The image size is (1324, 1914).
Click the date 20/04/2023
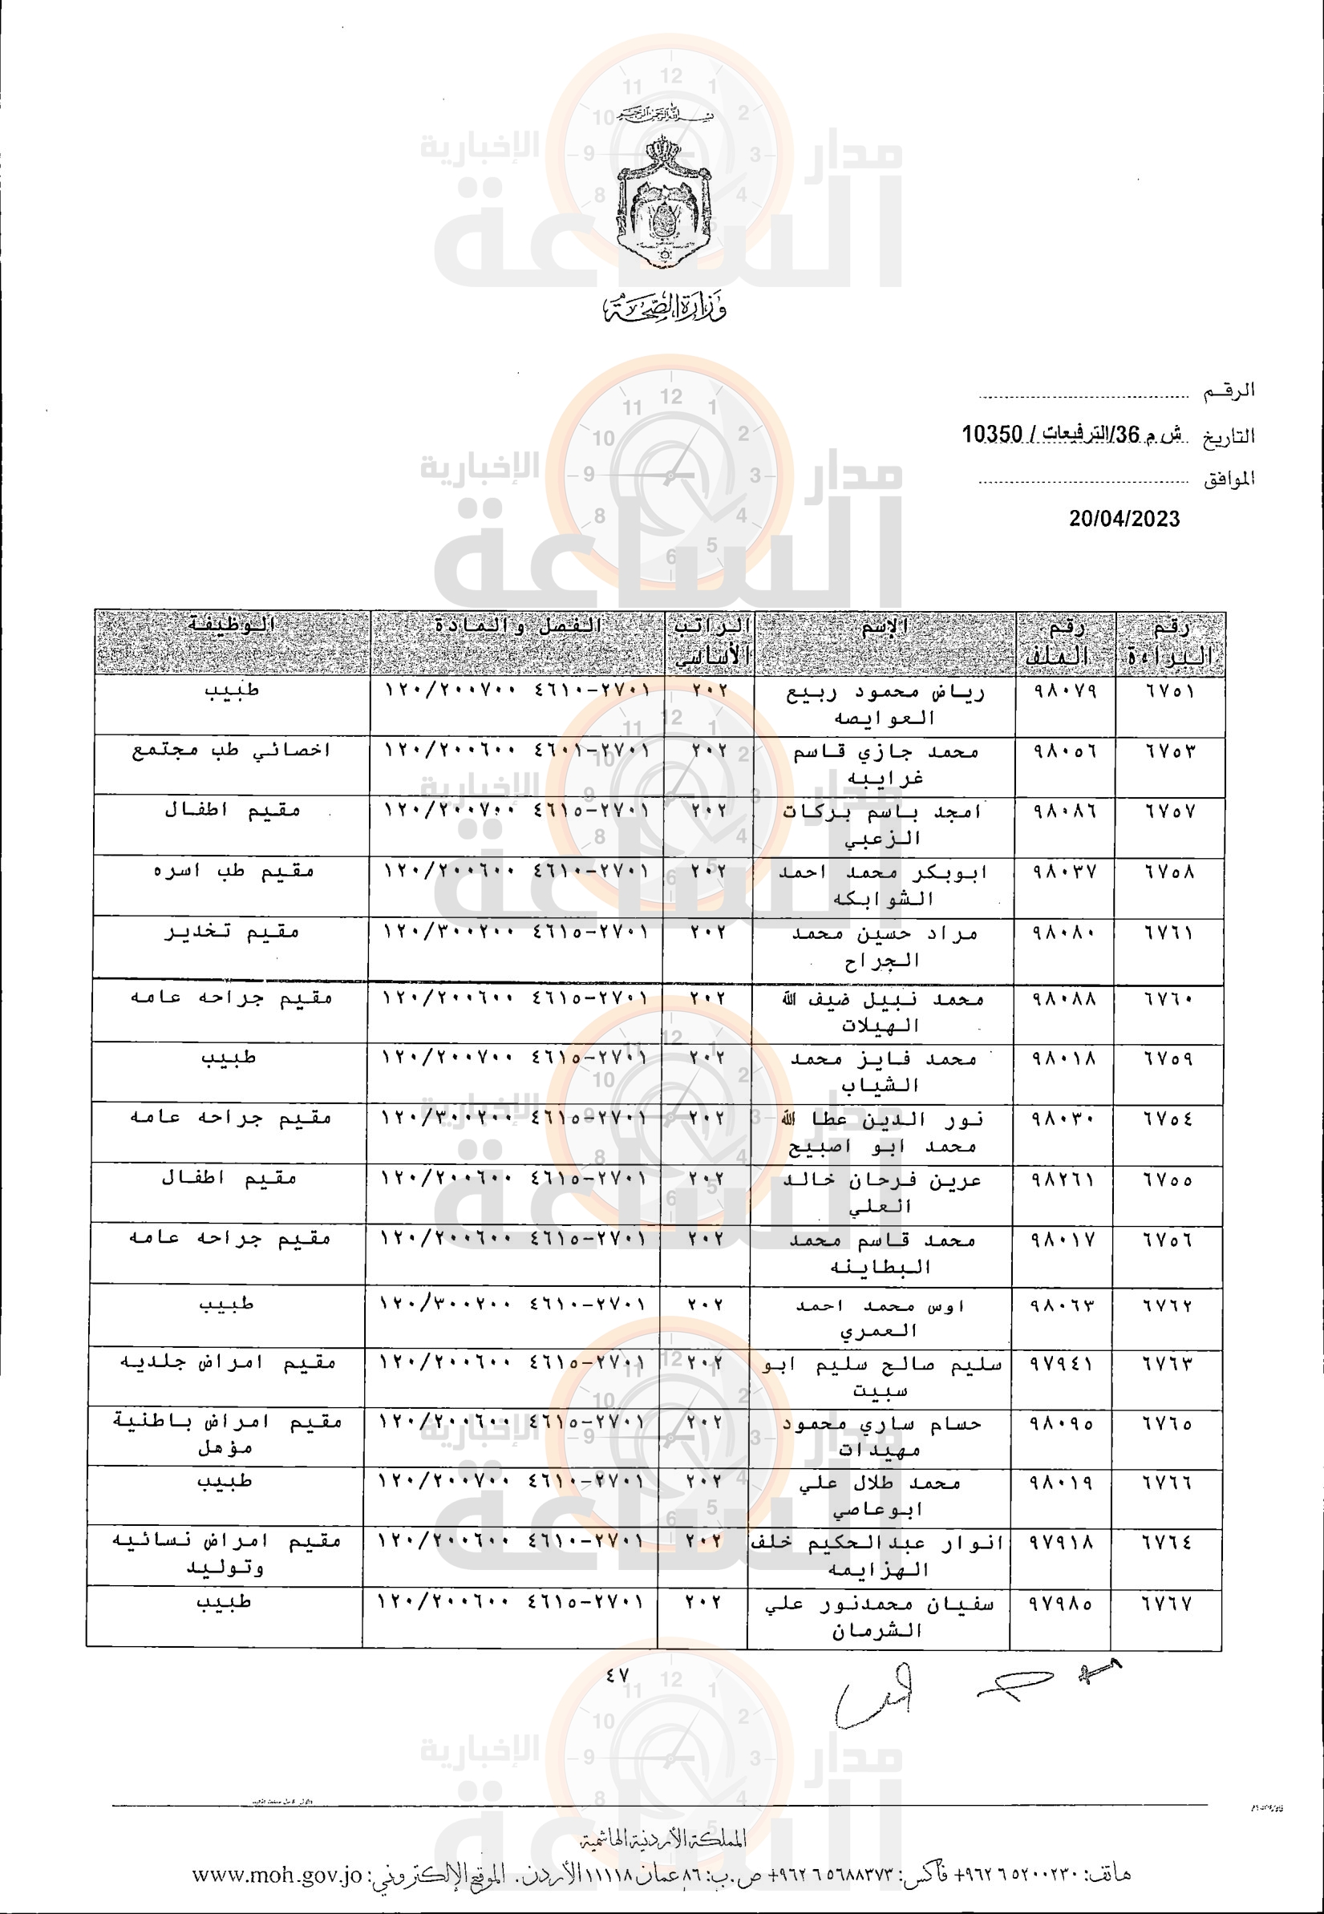[x=1124, y=519]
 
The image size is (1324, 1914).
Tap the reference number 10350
[x=991, y=434]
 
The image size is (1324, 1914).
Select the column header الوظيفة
[x=231, y=625]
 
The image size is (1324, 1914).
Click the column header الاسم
[x=885, y=627]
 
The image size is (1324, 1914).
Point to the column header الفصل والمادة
[x=518, y=626]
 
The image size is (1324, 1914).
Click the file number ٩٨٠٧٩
[x=1064, y=691]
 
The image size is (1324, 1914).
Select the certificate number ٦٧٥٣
[x=1170, y=751]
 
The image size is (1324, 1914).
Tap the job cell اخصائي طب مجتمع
[x=232, y=751]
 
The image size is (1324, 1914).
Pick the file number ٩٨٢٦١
[x=1063, y=1180]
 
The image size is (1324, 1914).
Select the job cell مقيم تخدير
[x=231, y=932]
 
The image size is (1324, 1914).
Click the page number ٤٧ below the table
[x=617, y=1676]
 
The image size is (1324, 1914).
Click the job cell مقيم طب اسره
[x=233, y=872]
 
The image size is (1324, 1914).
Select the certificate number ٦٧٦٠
[x=1169, y=999]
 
